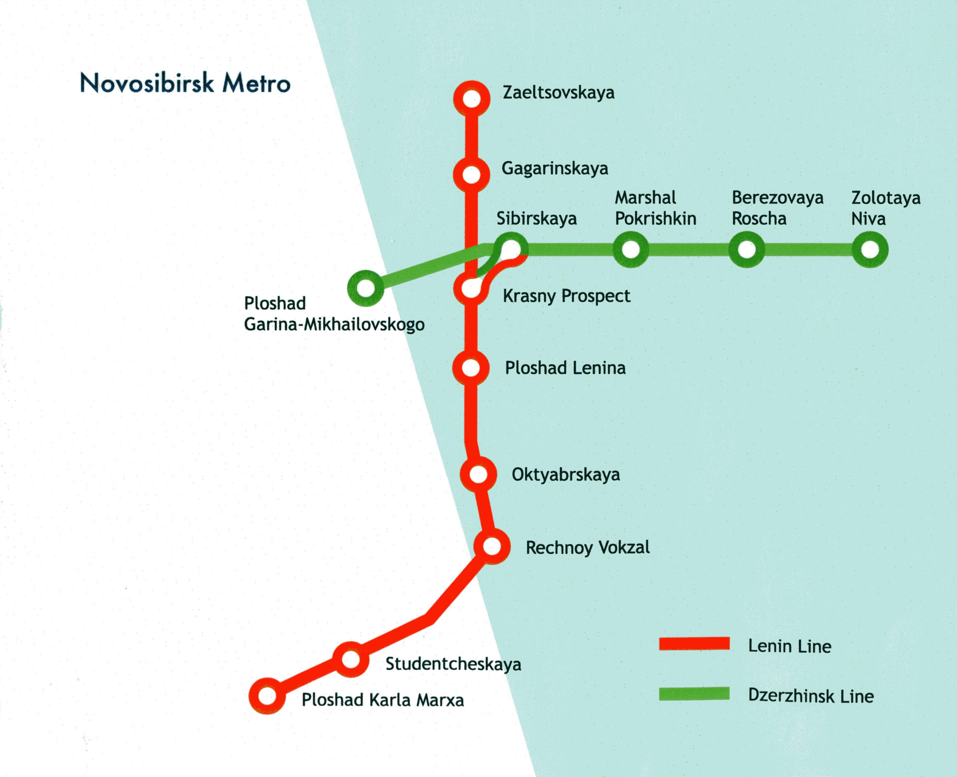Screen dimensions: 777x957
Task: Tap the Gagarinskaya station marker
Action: coord(471,175)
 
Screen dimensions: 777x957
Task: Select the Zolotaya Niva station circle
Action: coord(870,249)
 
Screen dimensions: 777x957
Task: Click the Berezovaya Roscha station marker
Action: coord(746,249)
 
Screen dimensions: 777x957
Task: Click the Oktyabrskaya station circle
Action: coord(478,474)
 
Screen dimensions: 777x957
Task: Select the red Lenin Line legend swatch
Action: coord(694,644)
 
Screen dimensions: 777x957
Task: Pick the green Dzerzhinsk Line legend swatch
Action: coord(694,694)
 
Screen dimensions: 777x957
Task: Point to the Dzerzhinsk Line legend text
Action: coord(811,696)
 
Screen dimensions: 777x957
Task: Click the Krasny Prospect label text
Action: coord(566,296)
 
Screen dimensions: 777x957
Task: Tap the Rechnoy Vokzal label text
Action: coord(587,547)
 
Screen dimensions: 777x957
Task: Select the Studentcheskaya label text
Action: coord(453,664)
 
